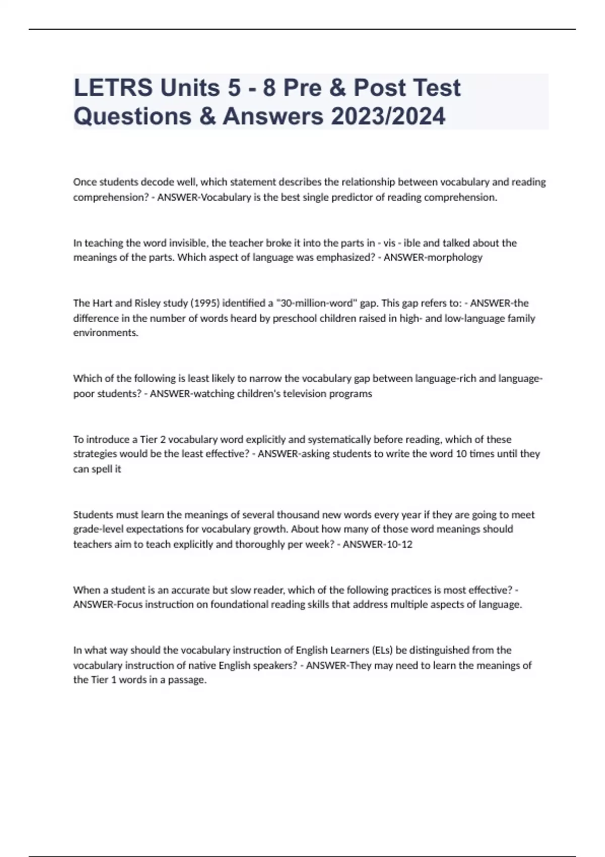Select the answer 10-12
click(399, 544)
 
